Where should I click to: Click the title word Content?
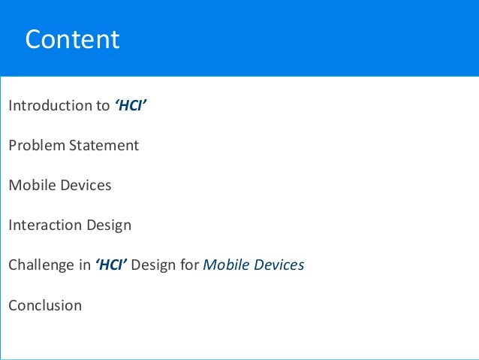click(x=72, y=40)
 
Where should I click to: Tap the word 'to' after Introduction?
click(x=102, y=105)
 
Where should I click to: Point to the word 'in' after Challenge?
click(x=83, y=265)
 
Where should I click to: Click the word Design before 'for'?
click(x=158, y=265)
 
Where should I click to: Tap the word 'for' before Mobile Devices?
click(x=190, y=265)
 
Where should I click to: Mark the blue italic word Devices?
click(x=278, y=265)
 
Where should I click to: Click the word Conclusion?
click(x=45, y=305)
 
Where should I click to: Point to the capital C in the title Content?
click(x=33, y=40)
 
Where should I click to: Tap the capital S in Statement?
click(x=74, y=145)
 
